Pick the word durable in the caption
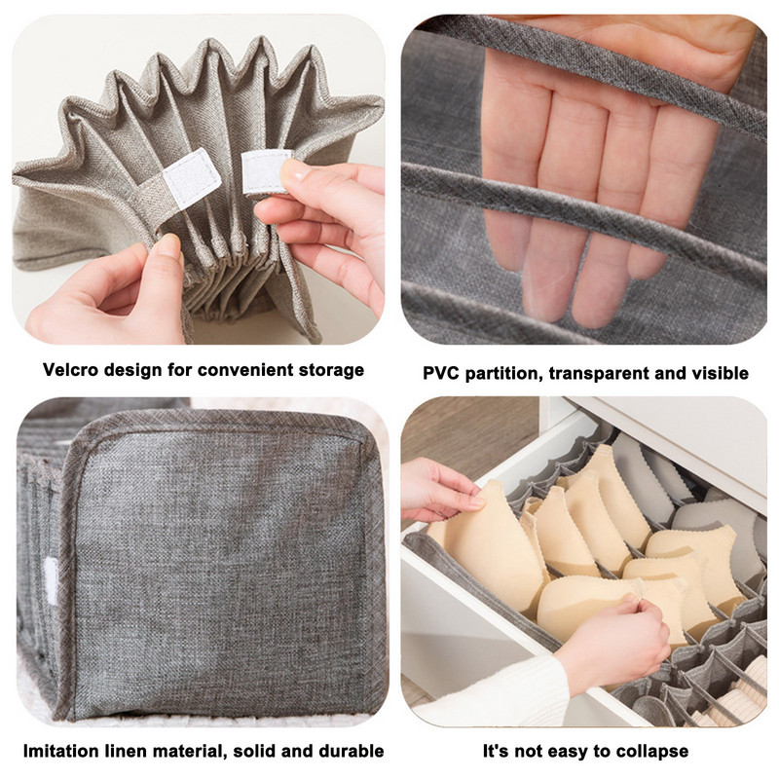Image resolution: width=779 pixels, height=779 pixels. coord(352,751)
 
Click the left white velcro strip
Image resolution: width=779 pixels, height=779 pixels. coord(192,177)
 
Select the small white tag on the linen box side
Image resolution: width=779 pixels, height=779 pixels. coord(52,580)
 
